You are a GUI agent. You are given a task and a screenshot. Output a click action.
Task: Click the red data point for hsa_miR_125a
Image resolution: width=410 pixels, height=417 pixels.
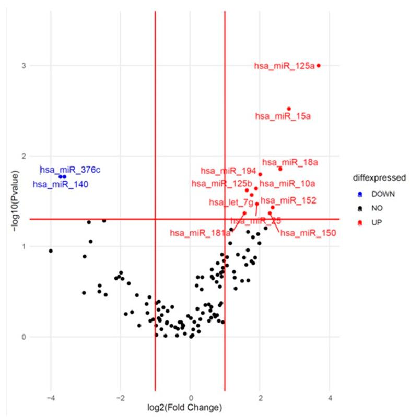319,66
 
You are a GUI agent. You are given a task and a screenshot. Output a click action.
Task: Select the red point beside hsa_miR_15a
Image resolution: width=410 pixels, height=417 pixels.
289,109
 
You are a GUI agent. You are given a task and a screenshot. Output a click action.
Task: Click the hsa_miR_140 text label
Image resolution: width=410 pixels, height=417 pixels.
61,184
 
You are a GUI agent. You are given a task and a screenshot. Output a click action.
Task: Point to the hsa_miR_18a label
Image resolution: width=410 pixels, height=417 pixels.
290,163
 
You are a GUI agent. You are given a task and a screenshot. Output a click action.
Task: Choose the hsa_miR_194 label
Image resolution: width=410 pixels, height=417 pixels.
228,171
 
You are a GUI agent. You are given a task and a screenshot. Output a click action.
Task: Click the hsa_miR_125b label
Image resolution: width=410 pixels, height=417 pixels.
222,183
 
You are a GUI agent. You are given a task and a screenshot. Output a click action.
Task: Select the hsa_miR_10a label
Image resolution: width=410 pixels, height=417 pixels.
287,183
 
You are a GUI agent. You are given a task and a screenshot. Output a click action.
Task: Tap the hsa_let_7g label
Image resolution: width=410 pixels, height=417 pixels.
231,202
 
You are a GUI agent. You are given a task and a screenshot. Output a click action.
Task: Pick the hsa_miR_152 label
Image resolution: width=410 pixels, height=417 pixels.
288,200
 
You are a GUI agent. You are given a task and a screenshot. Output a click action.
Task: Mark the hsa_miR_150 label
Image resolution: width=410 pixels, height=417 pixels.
308,233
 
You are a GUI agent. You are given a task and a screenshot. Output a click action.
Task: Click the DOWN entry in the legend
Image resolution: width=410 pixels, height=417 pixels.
380,194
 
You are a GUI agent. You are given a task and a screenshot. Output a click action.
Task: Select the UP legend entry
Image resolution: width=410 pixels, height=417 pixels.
375,223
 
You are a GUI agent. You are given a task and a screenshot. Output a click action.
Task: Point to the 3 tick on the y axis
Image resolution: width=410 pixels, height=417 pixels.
24,66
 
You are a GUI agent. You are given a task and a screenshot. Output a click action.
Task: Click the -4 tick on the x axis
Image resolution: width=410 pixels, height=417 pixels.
50,399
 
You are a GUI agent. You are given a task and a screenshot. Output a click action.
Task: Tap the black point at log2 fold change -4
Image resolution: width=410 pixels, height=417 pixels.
51,251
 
